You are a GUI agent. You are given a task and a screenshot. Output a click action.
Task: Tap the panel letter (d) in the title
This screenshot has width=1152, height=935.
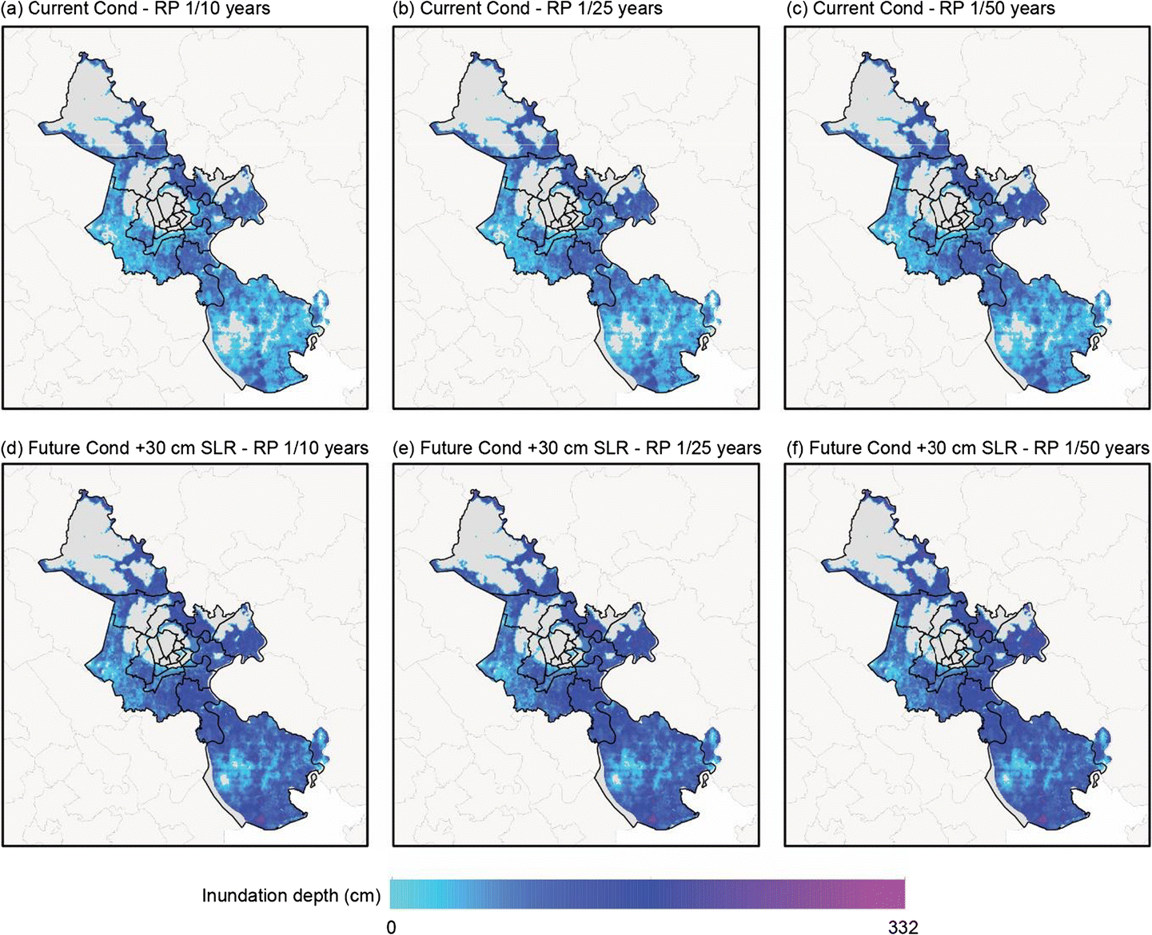click(x=13, y=448)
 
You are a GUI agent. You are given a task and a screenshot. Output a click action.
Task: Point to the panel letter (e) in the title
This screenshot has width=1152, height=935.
click(x=405, y=448)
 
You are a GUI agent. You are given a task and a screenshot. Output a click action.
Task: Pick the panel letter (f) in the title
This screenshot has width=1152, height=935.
click(x=795, y=448)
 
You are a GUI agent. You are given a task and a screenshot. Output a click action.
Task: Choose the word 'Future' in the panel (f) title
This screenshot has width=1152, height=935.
click(x=838, y=448)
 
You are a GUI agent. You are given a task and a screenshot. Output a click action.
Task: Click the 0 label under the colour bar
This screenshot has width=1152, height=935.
click(x=391, y=927)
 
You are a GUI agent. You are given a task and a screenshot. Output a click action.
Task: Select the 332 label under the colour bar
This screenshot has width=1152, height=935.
click(x=903, y=927)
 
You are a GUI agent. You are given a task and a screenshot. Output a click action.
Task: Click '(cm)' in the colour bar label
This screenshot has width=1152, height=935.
click(x=361, y=896)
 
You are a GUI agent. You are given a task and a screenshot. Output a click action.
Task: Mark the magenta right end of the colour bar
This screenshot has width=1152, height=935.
click(x=899, y=893)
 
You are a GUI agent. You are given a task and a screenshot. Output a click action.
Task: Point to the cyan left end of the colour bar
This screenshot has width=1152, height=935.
click(x=396, y=893)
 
